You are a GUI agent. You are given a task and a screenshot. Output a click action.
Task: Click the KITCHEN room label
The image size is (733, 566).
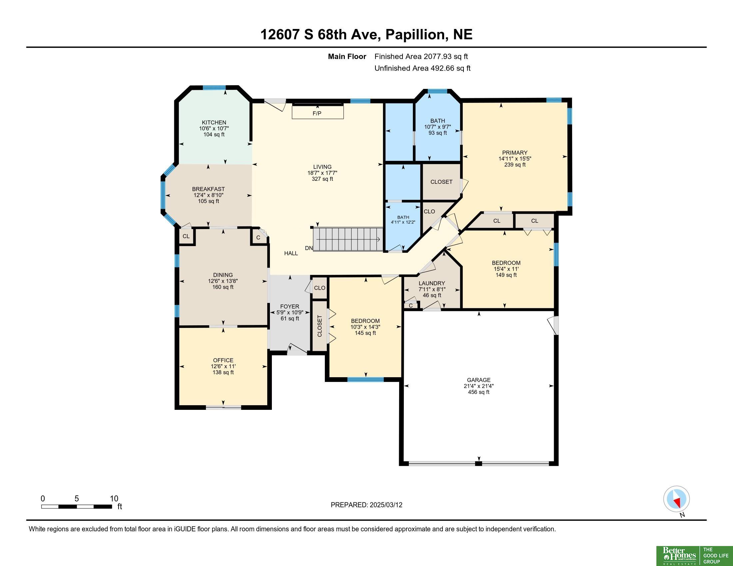214,123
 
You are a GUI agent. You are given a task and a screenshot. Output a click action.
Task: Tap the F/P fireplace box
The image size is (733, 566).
318,112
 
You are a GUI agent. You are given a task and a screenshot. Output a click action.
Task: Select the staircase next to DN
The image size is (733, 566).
348,239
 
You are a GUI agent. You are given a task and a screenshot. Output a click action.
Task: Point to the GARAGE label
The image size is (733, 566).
478,380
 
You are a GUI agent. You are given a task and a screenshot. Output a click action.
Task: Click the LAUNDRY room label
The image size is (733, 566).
431,283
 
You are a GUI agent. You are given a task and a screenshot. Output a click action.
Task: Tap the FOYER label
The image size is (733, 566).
290,306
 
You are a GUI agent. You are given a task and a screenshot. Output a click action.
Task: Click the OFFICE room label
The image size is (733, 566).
223,361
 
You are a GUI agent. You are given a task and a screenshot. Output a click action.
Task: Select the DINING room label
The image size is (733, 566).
223,275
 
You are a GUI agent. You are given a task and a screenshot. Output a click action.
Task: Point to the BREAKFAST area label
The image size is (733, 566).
209,189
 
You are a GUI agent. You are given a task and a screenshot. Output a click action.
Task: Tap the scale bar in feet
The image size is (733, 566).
77,506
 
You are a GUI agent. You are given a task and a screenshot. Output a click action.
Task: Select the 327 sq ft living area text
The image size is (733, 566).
322,179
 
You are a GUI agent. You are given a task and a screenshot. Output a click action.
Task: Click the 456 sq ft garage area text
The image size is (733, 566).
478,392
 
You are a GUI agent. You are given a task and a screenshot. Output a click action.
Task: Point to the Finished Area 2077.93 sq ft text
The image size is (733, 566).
421,57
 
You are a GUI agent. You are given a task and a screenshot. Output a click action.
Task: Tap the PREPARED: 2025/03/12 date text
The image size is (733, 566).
366,505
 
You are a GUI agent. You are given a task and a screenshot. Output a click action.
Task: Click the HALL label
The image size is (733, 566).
291,253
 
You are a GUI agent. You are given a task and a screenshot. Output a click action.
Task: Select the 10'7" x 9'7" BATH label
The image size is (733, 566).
438,127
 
